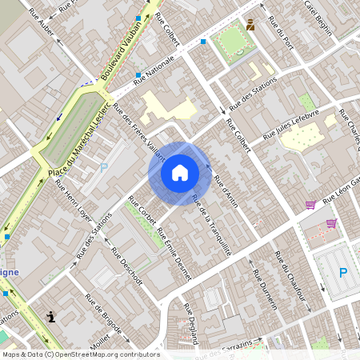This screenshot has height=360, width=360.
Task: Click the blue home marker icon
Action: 180,173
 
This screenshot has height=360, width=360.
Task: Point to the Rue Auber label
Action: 41,23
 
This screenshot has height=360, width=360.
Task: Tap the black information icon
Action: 52,316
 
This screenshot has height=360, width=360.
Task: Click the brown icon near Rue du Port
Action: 250,25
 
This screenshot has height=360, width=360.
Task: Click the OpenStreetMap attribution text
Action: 80,354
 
